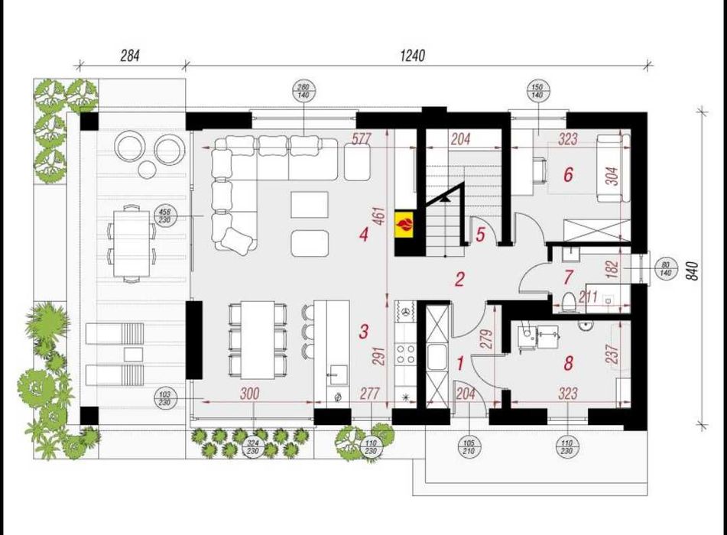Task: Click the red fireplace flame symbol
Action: tap(405, 224)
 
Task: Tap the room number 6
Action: tap(567, 175)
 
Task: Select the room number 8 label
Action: tap(568, 364)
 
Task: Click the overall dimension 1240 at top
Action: tap(412, 56)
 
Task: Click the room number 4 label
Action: tap(363, 235)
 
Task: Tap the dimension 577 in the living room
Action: tap(362, 140)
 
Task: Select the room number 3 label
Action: tap(365, 332)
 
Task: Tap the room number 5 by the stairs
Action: tap(479, 234)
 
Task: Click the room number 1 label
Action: tap(459, 364)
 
